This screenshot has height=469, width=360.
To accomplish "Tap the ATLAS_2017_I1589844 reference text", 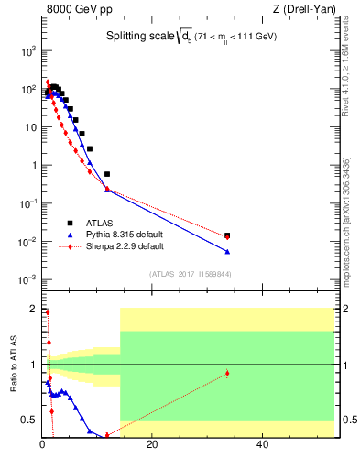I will [x=191, y=273].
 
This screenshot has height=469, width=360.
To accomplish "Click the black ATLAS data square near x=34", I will [x=227, y=235].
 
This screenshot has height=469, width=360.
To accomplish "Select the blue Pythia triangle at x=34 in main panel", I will [x=227, y=251].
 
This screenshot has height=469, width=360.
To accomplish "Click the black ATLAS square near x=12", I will [x=107, y=174].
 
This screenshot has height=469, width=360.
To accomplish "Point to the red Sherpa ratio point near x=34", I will [x=227, y=373].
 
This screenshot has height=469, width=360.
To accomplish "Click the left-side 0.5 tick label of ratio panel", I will [x=29, y=420].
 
